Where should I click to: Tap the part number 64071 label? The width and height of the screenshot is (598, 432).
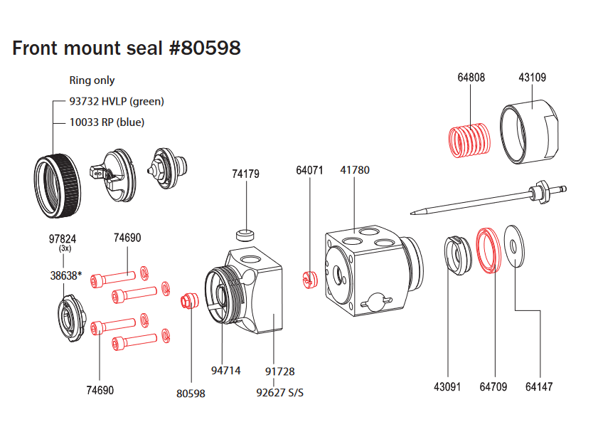click(x=310, y=171)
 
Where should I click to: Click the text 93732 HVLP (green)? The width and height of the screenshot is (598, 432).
click(x=116, y=101)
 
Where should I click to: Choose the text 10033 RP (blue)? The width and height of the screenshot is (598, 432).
click(x=107, y=122)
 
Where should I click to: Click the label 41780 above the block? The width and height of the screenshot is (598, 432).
click(x=355, y=171)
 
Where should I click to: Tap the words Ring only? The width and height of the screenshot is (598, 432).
click(x=92, y=80)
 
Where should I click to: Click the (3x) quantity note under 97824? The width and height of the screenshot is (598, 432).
click(x=65, y=249)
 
